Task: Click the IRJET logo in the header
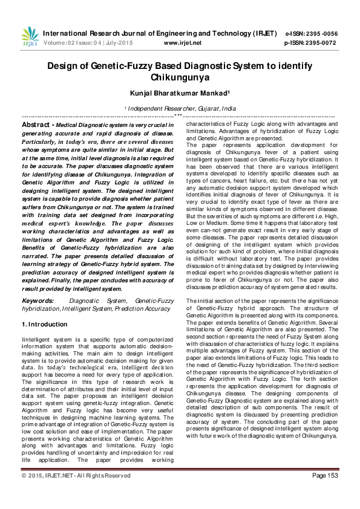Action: click(29, 37)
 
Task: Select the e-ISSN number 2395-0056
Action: click(322, 34)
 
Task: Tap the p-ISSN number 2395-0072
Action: click(323, 43)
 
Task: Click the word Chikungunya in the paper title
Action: click(180, 77)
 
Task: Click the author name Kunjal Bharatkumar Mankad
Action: click(180, 93)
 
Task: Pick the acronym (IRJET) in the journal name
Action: click(261, 34)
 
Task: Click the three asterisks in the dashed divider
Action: click(178, 115)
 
